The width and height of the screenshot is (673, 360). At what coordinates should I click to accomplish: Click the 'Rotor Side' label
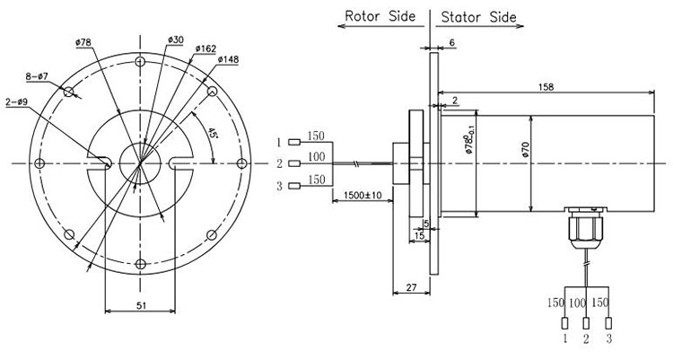click(x=380, y=16)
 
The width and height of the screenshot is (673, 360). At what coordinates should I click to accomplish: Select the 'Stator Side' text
click(x=478, y=17)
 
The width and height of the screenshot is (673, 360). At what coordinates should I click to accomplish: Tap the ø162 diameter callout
click(x=205, y=48)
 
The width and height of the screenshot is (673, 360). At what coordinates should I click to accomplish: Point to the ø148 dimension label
click(x=228, y=59)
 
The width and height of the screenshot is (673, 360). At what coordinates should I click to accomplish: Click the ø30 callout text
click(x=176, y=40)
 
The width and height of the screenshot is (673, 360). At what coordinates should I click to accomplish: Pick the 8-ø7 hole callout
click(x=37, y=76)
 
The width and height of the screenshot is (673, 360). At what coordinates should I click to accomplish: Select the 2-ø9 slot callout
click(x=17, y=102)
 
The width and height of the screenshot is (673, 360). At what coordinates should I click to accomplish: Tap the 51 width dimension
click(x=141, y=305)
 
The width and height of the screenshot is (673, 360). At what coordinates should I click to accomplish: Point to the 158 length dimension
click(x=546, y=87)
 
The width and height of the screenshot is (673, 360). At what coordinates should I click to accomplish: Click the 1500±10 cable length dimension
click(x=363, y=195)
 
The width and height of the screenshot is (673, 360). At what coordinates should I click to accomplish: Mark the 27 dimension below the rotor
click(x=411, y=287)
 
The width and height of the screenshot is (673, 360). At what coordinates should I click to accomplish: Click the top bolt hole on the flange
click(x=140, y=61)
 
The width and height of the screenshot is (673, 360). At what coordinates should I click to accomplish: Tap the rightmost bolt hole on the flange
click(x=242, y=163)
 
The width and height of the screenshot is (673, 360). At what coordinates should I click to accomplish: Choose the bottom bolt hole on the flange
click(x=140, y=264)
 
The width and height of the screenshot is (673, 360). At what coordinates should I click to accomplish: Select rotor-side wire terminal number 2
click(x=294, y=163)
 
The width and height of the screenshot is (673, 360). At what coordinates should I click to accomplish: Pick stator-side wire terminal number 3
click(x=608, y=323)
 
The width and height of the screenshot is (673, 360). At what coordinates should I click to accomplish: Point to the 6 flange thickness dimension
click(x=452, y=42)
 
